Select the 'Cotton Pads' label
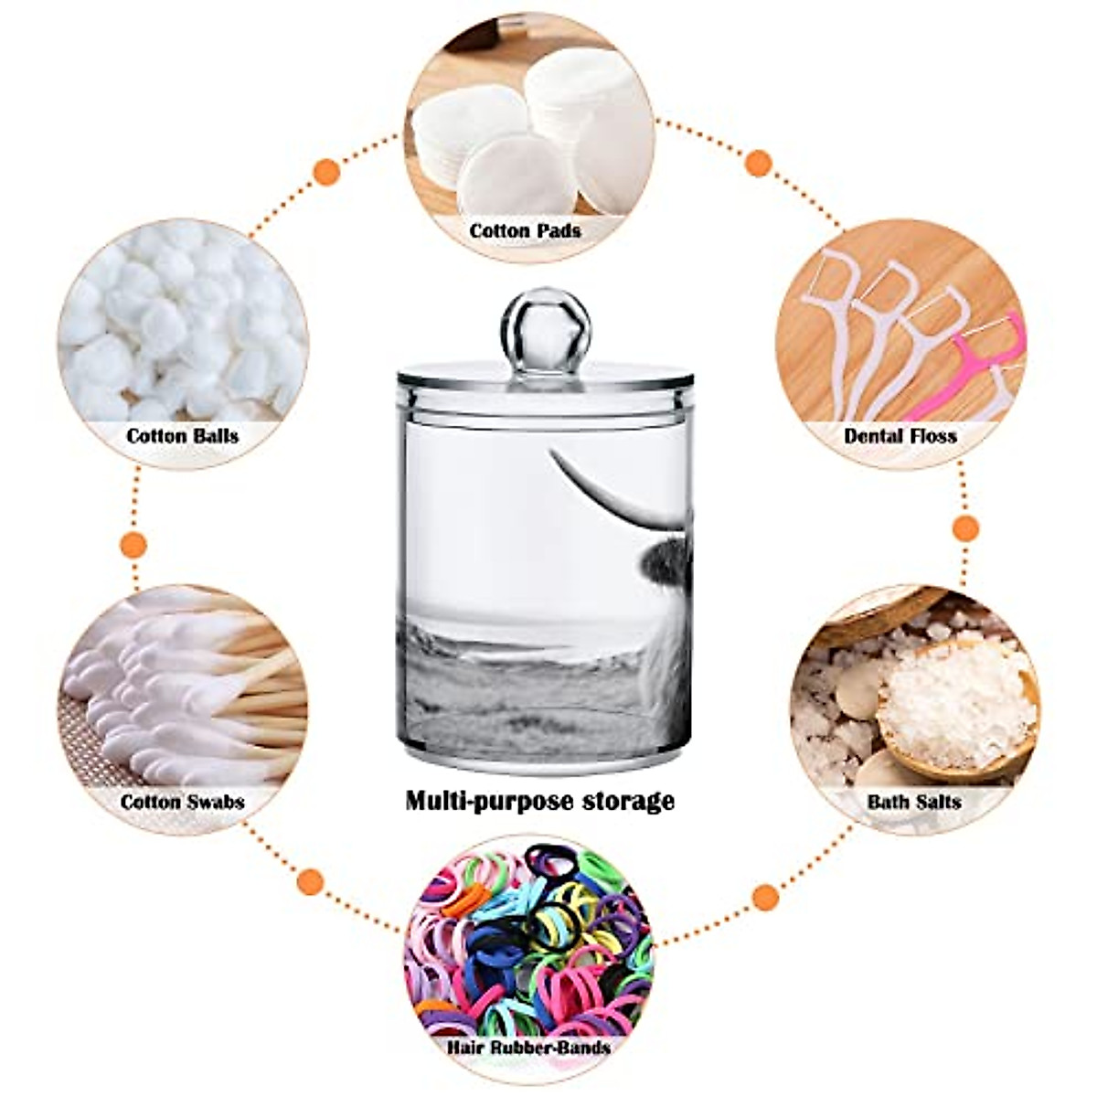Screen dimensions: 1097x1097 tap(526, 230)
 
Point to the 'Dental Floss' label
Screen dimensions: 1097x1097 tap(901, 435)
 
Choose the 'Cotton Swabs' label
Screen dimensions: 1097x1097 tap(183, 802)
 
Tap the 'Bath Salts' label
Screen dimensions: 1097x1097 tap(914, 802)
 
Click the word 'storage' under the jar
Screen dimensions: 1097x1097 tap(630, 802)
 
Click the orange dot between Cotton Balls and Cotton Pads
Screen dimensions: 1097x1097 tap(326, 172)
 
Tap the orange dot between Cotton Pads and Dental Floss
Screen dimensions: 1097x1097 tap(758, 164)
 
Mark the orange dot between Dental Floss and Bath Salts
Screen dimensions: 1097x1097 tap(965, 527)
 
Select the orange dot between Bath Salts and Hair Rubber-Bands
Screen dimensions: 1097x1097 tap(767, 897)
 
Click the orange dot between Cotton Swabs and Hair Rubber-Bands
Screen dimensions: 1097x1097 tap(311, 881)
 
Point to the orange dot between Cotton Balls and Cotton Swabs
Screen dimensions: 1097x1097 tap(134, 545)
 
